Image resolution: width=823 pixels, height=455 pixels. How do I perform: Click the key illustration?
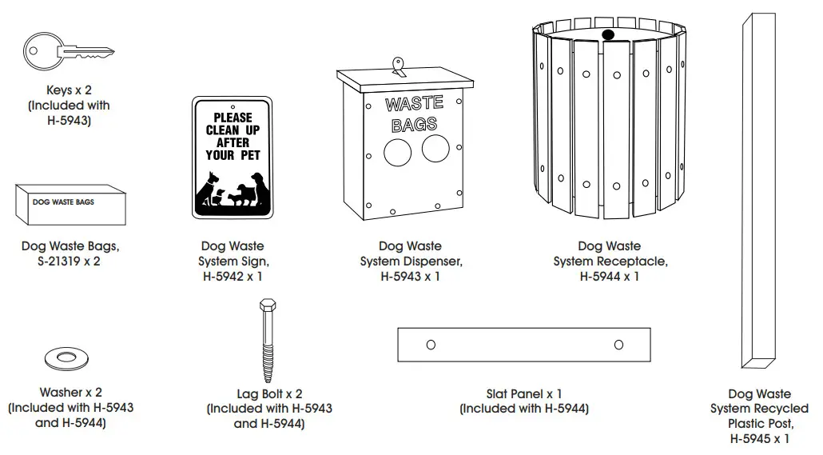pyautogui.click(x=60, y=53)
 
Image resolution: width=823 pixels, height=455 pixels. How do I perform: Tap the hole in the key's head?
pyautogui.click(x=33, y=50)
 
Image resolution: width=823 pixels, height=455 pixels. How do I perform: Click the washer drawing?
pyautogui.click(x=67, y=360)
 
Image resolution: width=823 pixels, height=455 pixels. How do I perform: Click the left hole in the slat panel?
pyautogui.click(x=431, y=345)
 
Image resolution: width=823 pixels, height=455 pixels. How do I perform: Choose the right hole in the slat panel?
pyautogui.click(x=618, y=345)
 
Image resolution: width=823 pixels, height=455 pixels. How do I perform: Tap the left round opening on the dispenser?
pyautogui.click(x=397, y=151)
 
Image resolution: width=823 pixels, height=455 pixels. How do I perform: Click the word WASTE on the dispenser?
pyautogui.click(x=414, y=105)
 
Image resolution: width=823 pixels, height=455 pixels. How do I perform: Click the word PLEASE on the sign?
pyautogui.click(x=233, y=118)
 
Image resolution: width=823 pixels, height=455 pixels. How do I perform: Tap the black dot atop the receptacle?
pyautogui.click(x=606, y=34)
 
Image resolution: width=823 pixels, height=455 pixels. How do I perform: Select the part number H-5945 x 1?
pyautogui.click(x=759, y=439)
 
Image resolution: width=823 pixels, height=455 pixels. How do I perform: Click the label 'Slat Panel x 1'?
pyautogui.click(x=523, y=394)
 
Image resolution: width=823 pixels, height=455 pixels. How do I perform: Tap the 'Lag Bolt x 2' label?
pyautogui.click(x=269, y=394)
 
